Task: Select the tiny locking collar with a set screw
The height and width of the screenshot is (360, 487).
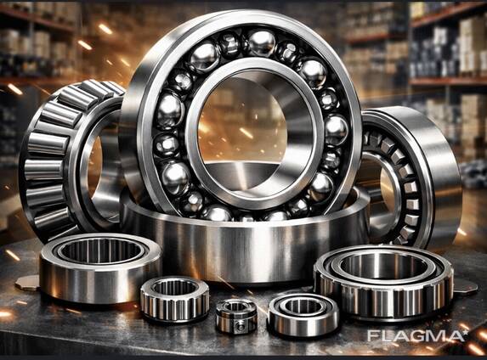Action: tap(236, 316)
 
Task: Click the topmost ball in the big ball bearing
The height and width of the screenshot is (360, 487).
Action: tap(262, 42)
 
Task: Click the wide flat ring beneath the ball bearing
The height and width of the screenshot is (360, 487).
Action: tap(246, 248)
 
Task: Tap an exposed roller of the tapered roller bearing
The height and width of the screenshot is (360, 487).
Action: tap(47, 143)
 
